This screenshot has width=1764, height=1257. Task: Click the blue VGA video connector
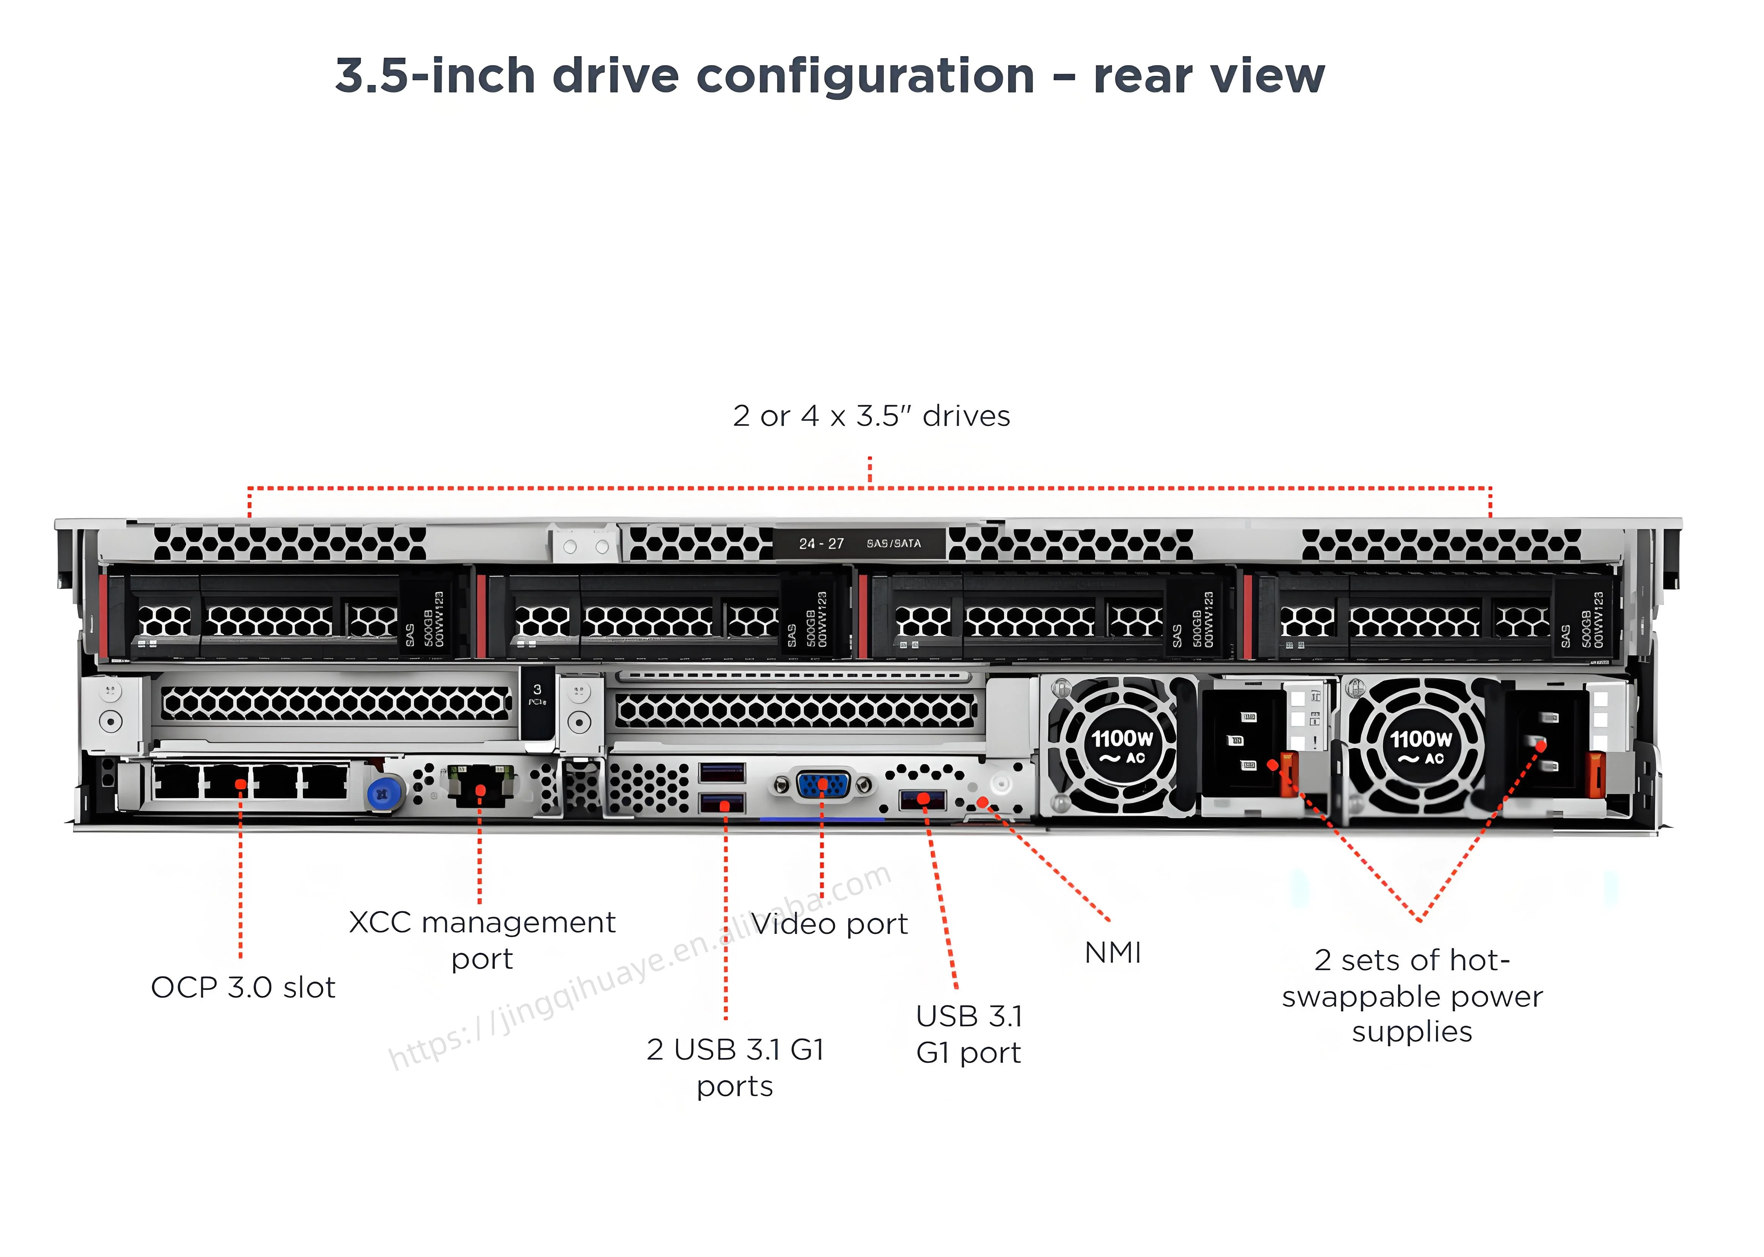click(x=822, y=785)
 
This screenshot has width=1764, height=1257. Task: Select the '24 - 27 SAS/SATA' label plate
click(x=859, y=543)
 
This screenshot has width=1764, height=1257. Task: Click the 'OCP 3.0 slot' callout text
click(x=243, y=987)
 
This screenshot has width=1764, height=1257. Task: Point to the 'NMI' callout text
click(x=1112, y=953)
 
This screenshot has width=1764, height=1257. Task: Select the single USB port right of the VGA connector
click(x=923, y=799)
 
